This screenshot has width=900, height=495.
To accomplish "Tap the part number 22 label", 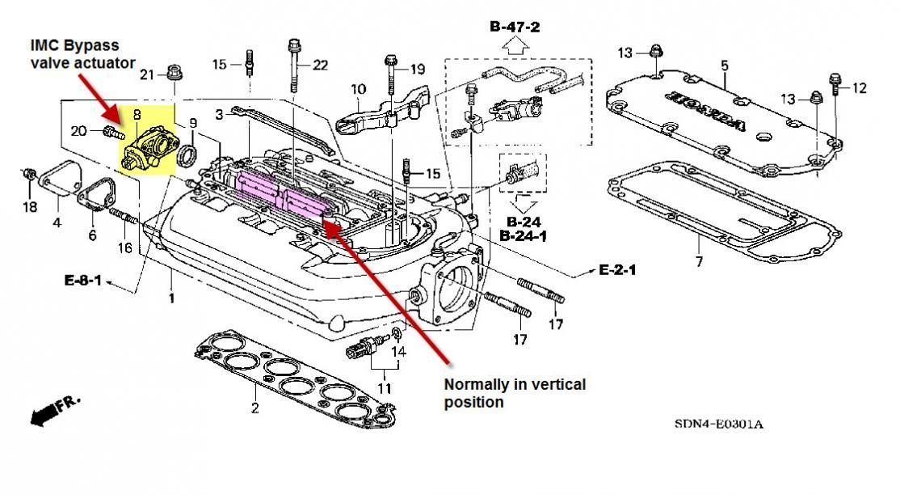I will [x=320, y=65].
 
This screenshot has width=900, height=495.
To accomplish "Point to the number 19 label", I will [x=417, y=70].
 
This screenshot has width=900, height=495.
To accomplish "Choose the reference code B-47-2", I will [x=515, y=27].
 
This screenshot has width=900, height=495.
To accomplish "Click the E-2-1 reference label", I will [x=617, y=269].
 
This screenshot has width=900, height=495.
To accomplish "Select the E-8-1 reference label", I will [x=85, y=281].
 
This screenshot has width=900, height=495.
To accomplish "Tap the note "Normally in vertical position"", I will [x=515, y=392].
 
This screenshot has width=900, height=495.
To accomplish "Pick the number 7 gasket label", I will [x=699, y=261].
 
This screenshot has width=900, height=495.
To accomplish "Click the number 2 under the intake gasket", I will [x=254, y=408].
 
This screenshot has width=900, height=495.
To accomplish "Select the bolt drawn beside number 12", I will [x=833, y=84].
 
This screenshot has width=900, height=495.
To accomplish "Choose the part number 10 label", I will [x=358, y=89].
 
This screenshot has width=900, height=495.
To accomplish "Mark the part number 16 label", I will [x=124, y=247].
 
